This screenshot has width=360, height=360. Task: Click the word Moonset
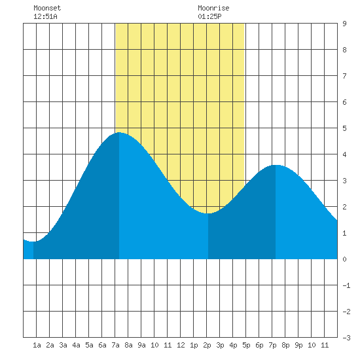click(47, 8)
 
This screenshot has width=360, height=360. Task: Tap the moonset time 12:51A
click(45, 16)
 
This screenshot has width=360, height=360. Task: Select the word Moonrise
click(213, 8)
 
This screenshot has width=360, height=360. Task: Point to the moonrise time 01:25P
click(209, 16)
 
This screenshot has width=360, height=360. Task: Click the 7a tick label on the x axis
click(115, 345)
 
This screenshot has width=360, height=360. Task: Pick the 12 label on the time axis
click(181, 345)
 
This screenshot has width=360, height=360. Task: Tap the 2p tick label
click(207, 345)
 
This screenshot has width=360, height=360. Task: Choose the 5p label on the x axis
click(246, 345)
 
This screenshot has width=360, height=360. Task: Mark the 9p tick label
click(298, 345)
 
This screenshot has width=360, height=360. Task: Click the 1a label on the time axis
click(37, 345)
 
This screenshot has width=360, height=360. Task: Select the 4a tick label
click(76, 345)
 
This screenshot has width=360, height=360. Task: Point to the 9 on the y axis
click(344, 24)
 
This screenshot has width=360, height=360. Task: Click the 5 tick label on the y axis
click(344, 128)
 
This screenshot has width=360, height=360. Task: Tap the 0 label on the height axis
click(344, 259)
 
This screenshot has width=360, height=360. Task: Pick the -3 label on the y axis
click(346, 338)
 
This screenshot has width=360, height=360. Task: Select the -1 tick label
click(346, 285)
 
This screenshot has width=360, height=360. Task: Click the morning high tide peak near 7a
click(119, 132)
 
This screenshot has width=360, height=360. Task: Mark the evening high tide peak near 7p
click(276, 165)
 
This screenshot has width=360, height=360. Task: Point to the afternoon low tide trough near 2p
click(208, 213)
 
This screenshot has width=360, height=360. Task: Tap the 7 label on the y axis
click(344, 76)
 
